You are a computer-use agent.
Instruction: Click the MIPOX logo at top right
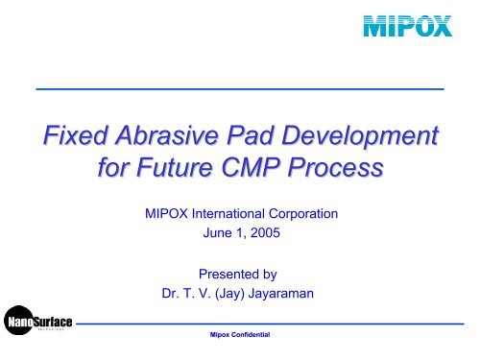407,25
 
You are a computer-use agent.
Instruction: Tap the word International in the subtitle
237,216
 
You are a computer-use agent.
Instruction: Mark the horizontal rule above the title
240,88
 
